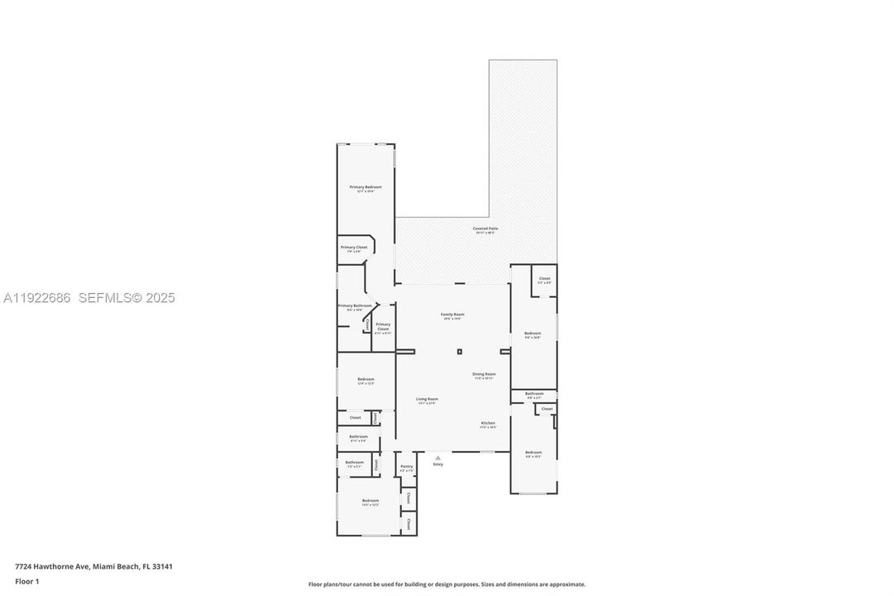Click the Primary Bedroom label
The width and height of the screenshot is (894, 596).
366,187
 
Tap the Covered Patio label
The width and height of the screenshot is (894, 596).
485,228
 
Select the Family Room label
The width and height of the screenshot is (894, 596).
452,315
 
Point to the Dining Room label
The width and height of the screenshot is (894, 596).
484,374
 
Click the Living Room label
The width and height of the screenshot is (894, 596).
427,399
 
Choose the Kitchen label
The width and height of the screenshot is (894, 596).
488,423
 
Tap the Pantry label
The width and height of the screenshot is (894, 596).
407,467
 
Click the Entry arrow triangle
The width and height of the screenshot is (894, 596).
438,457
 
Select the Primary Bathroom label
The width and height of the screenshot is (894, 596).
355,306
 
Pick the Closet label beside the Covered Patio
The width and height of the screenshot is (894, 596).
544,279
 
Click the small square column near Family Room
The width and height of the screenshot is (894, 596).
459,352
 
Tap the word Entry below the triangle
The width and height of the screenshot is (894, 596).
438,464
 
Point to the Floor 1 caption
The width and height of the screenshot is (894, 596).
26,581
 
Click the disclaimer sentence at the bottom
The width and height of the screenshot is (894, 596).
447,584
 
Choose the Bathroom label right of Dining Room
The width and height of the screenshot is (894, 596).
534,394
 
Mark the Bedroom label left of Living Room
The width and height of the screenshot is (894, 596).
366,379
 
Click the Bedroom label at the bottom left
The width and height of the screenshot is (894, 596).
370,501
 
